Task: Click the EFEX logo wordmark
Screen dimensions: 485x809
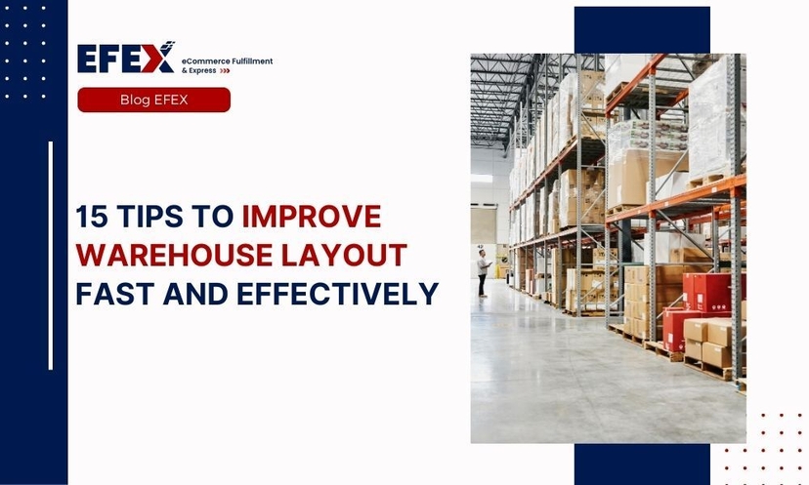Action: click(124, 58)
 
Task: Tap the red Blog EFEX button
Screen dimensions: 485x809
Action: click(153, 100)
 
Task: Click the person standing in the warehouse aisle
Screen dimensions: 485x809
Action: click(482, 272)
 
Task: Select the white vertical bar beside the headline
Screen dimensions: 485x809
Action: click(50, 256)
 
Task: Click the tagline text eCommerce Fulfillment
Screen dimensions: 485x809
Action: click(227, 61)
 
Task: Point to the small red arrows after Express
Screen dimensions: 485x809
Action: click(225, 71)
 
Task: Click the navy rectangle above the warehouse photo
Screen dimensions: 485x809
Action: click(641, 29)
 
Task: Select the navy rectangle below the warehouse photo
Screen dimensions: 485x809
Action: click(641, 464)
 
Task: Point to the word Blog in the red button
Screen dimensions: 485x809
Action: click(135, 100)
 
